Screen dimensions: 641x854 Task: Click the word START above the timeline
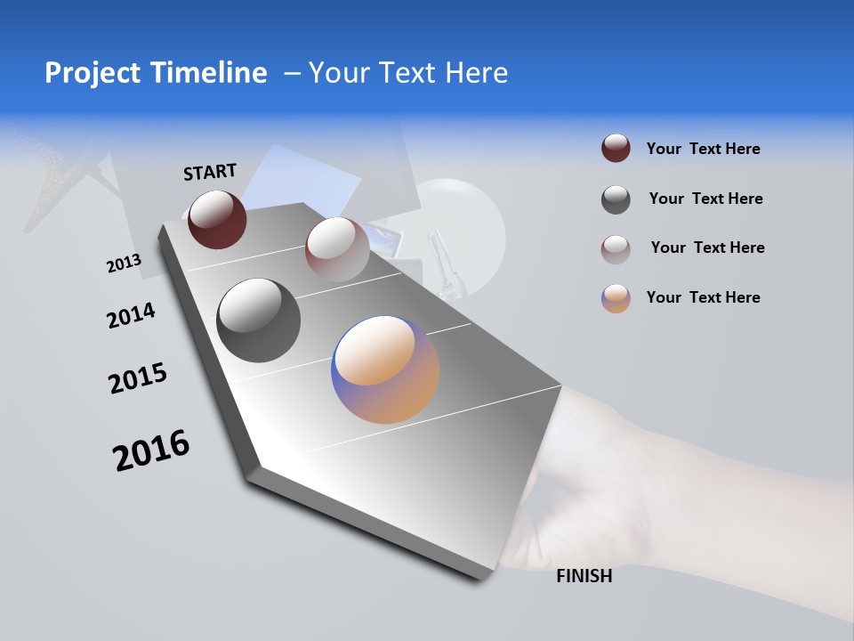(x=210, y=171)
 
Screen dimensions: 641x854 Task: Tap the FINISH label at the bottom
(x=584, y=576)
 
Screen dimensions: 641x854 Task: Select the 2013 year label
(x=124, y=264)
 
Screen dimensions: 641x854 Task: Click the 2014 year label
(x=131, y=315)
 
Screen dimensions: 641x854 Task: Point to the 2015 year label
(x=138, y=378)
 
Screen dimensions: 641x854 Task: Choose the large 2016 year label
(x=151, y=450)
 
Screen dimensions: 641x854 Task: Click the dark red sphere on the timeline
(x=217, y=219)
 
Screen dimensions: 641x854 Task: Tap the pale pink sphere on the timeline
(x=336, y=248)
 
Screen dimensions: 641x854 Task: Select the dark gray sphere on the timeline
(x=258, y=320)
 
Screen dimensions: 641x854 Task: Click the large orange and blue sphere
(x=385, y=369)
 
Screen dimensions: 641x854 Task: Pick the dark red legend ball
(x=616, y=149)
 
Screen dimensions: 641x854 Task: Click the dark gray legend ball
(x=616, y=199)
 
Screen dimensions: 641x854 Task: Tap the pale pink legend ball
(x=616, y=248)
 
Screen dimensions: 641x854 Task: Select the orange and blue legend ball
(x=616, y=298)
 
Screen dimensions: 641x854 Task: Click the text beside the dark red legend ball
(x=703, y=149)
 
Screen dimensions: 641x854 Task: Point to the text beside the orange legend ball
(x=703, y=297)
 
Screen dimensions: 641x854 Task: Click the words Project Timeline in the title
(x=156, y=73)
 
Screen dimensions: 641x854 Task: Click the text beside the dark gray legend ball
(x=705, y=199)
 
